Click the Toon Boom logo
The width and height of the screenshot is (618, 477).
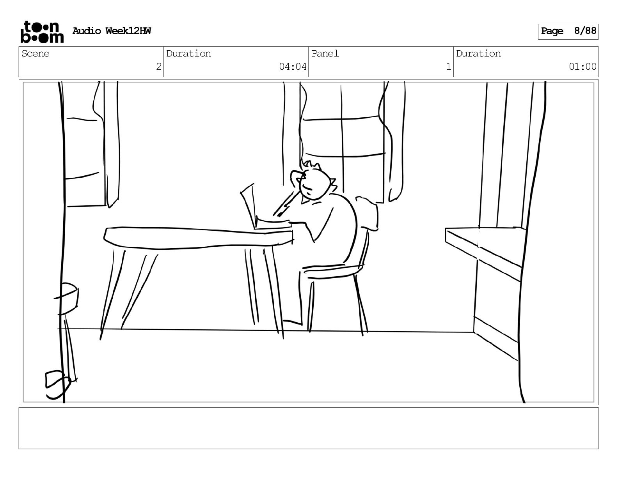click(x=42, y=32)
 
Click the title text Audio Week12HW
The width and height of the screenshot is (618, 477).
click(x=112, y=31)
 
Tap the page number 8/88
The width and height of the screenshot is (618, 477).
click(x=585, y=30)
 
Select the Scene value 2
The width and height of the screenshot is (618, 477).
click(x=159, y=67)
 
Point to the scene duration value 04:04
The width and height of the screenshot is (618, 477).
click(x=293, y=67)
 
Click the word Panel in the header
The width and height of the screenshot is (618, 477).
click(x=325, y=53)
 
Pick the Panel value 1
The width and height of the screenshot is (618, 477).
click(x=449, y=67)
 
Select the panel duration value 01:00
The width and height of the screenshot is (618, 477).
click(x=582, y=67)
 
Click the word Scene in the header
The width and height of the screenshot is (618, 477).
click(x=36, y=53)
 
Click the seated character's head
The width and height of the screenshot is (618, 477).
click(x=315, y=184)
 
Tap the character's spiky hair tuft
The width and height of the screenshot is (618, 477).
click(x=311, y=165)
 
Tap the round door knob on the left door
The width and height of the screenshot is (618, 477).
click(x=69, y=299)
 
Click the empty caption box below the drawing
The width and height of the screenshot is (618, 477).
click(x=309, y=428)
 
